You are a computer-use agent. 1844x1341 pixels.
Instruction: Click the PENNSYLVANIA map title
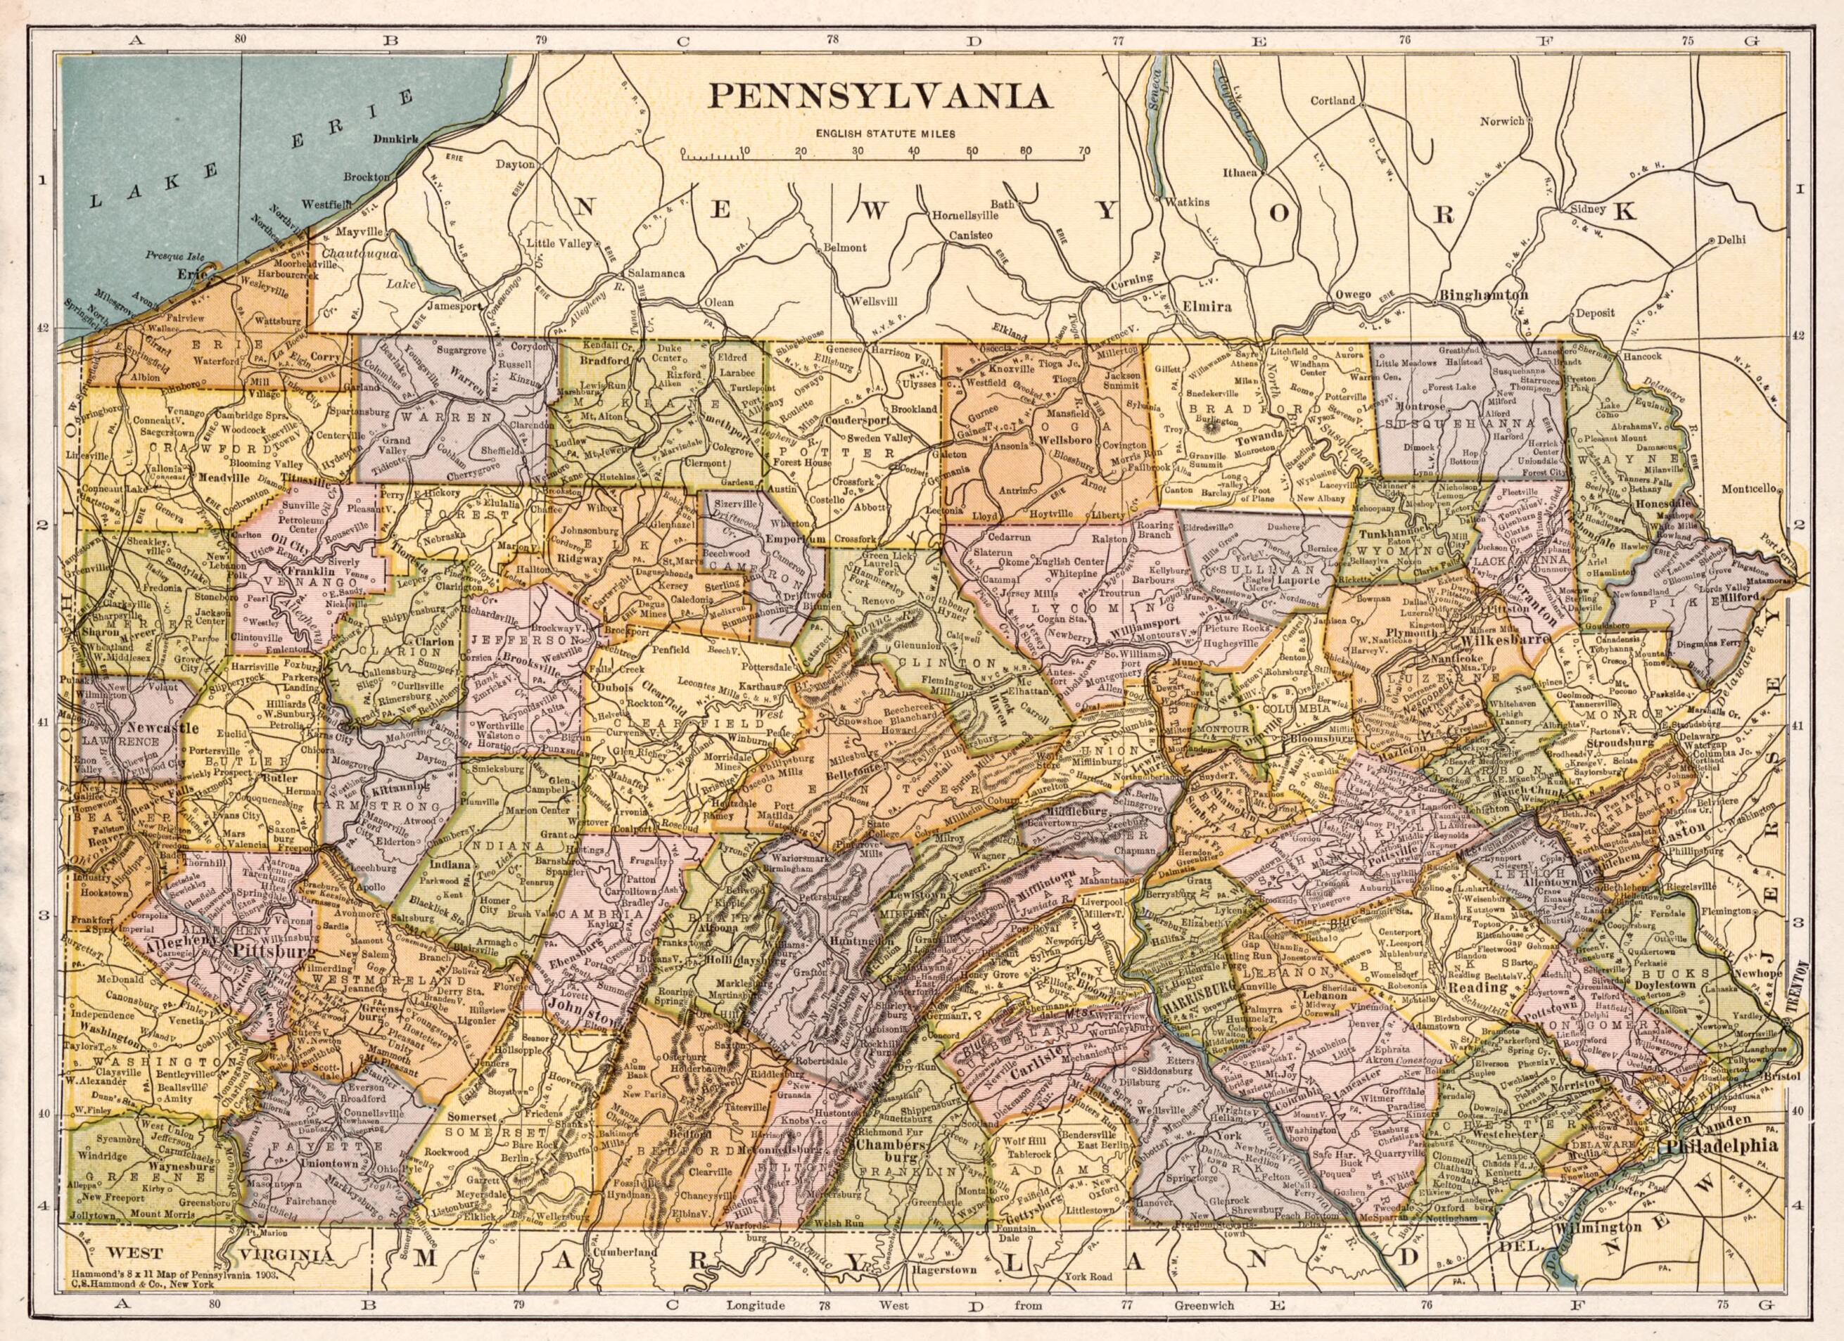(879, 95)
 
